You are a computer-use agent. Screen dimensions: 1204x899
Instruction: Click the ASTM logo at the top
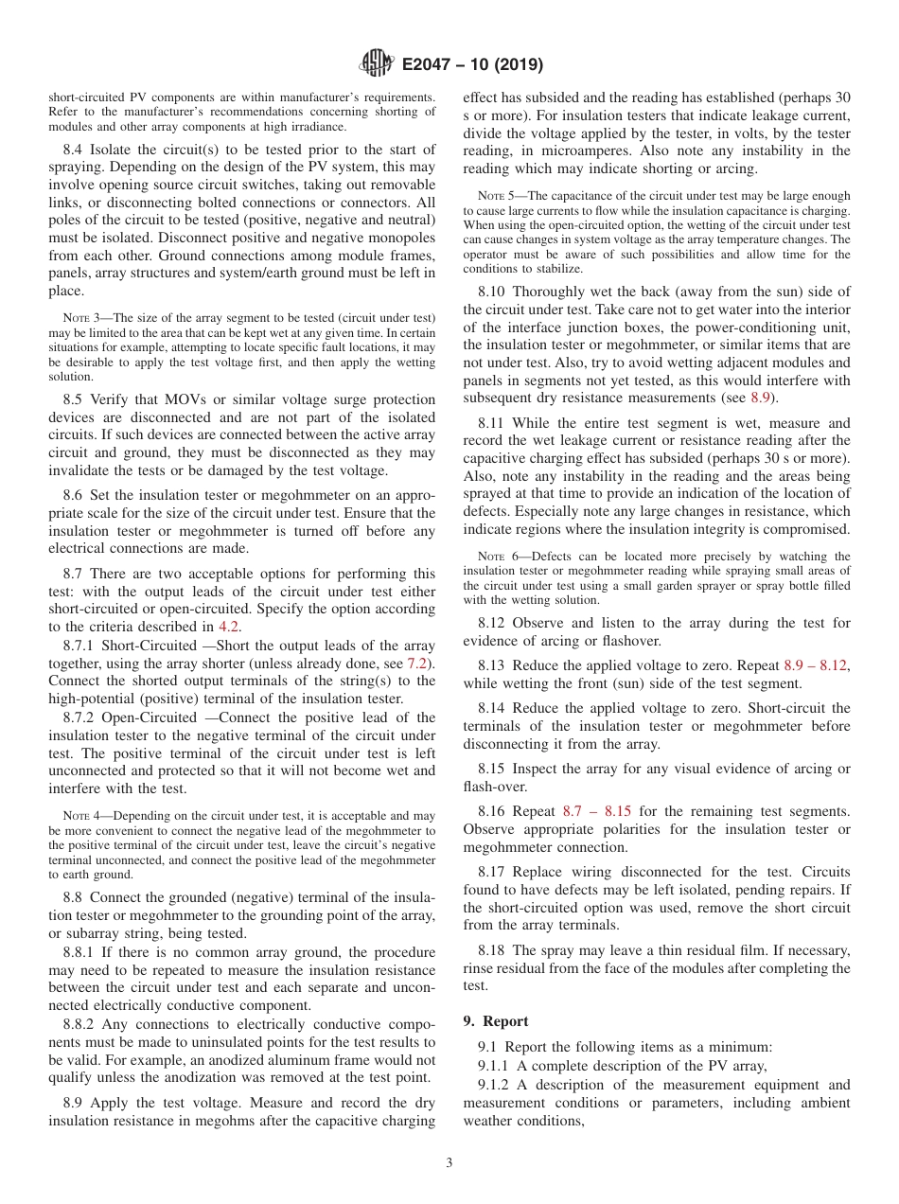(x=377, y=64)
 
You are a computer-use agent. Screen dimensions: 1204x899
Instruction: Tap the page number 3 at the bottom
(x=449, y=1163)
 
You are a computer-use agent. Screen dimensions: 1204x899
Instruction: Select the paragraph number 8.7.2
(x=79, y=717)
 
